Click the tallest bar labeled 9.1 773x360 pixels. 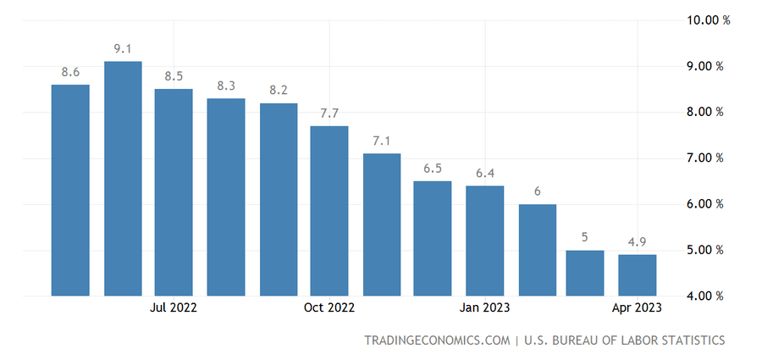click(123, 178)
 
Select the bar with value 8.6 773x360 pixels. click(70, 190)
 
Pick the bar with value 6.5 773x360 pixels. click(433, 238)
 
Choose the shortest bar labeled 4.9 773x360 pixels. click(637, 274)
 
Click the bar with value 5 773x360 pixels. click(585, 273)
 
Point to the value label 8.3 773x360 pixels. click(226, 86)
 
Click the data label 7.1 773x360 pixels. click(382, 141)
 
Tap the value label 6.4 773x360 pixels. click(485, 174)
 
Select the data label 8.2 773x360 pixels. click(279, 91)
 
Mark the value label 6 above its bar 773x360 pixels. click(538, 191)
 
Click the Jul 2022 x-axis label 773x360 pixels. click(173, 307)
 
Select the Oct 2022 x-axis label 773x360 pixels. click(329, 307)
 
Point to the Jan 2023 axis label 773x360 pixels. click(484, 307)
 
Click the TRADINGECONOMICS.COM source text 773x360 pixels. click(436, 341)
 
